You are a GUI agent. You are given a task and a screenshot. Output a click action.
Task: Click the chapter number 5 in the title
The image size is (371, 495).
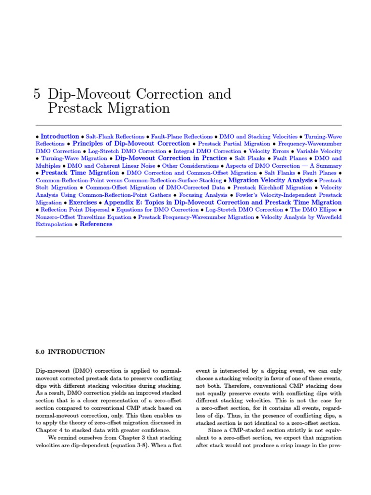click(x=37, y=94)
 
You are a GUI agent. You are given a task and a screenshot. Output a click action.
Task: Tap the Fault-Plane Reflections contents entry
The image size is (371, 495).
click(x=182, y=137)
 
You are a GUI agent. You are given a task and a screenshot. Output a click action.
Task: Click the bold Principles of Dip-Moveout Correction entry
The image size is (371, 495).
click(x=131, y=144)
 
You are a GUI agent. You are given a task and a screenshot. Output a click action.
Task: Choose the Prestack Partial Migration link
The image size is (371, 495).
click(x=234, y=144)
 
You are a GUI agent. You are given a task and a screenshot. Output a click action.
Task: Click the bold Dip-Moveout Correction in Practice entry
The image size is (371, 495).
click(x=171, y=158)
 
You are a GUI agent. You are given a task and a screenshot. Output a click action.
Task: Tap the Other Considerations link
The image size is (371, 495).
click(x=190, y=166)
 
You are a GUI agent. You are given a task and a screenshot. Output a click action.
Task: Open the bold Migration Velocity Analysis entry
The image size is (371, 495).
click(x=271, y=180)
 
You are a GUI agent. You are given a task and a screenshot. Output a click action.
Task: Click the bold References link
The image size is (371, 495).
click(x=96, y=224)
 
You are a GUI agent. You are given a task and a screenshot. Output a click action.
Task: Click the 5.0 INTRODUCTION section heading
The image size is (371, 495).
click(x=71, y=351)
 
